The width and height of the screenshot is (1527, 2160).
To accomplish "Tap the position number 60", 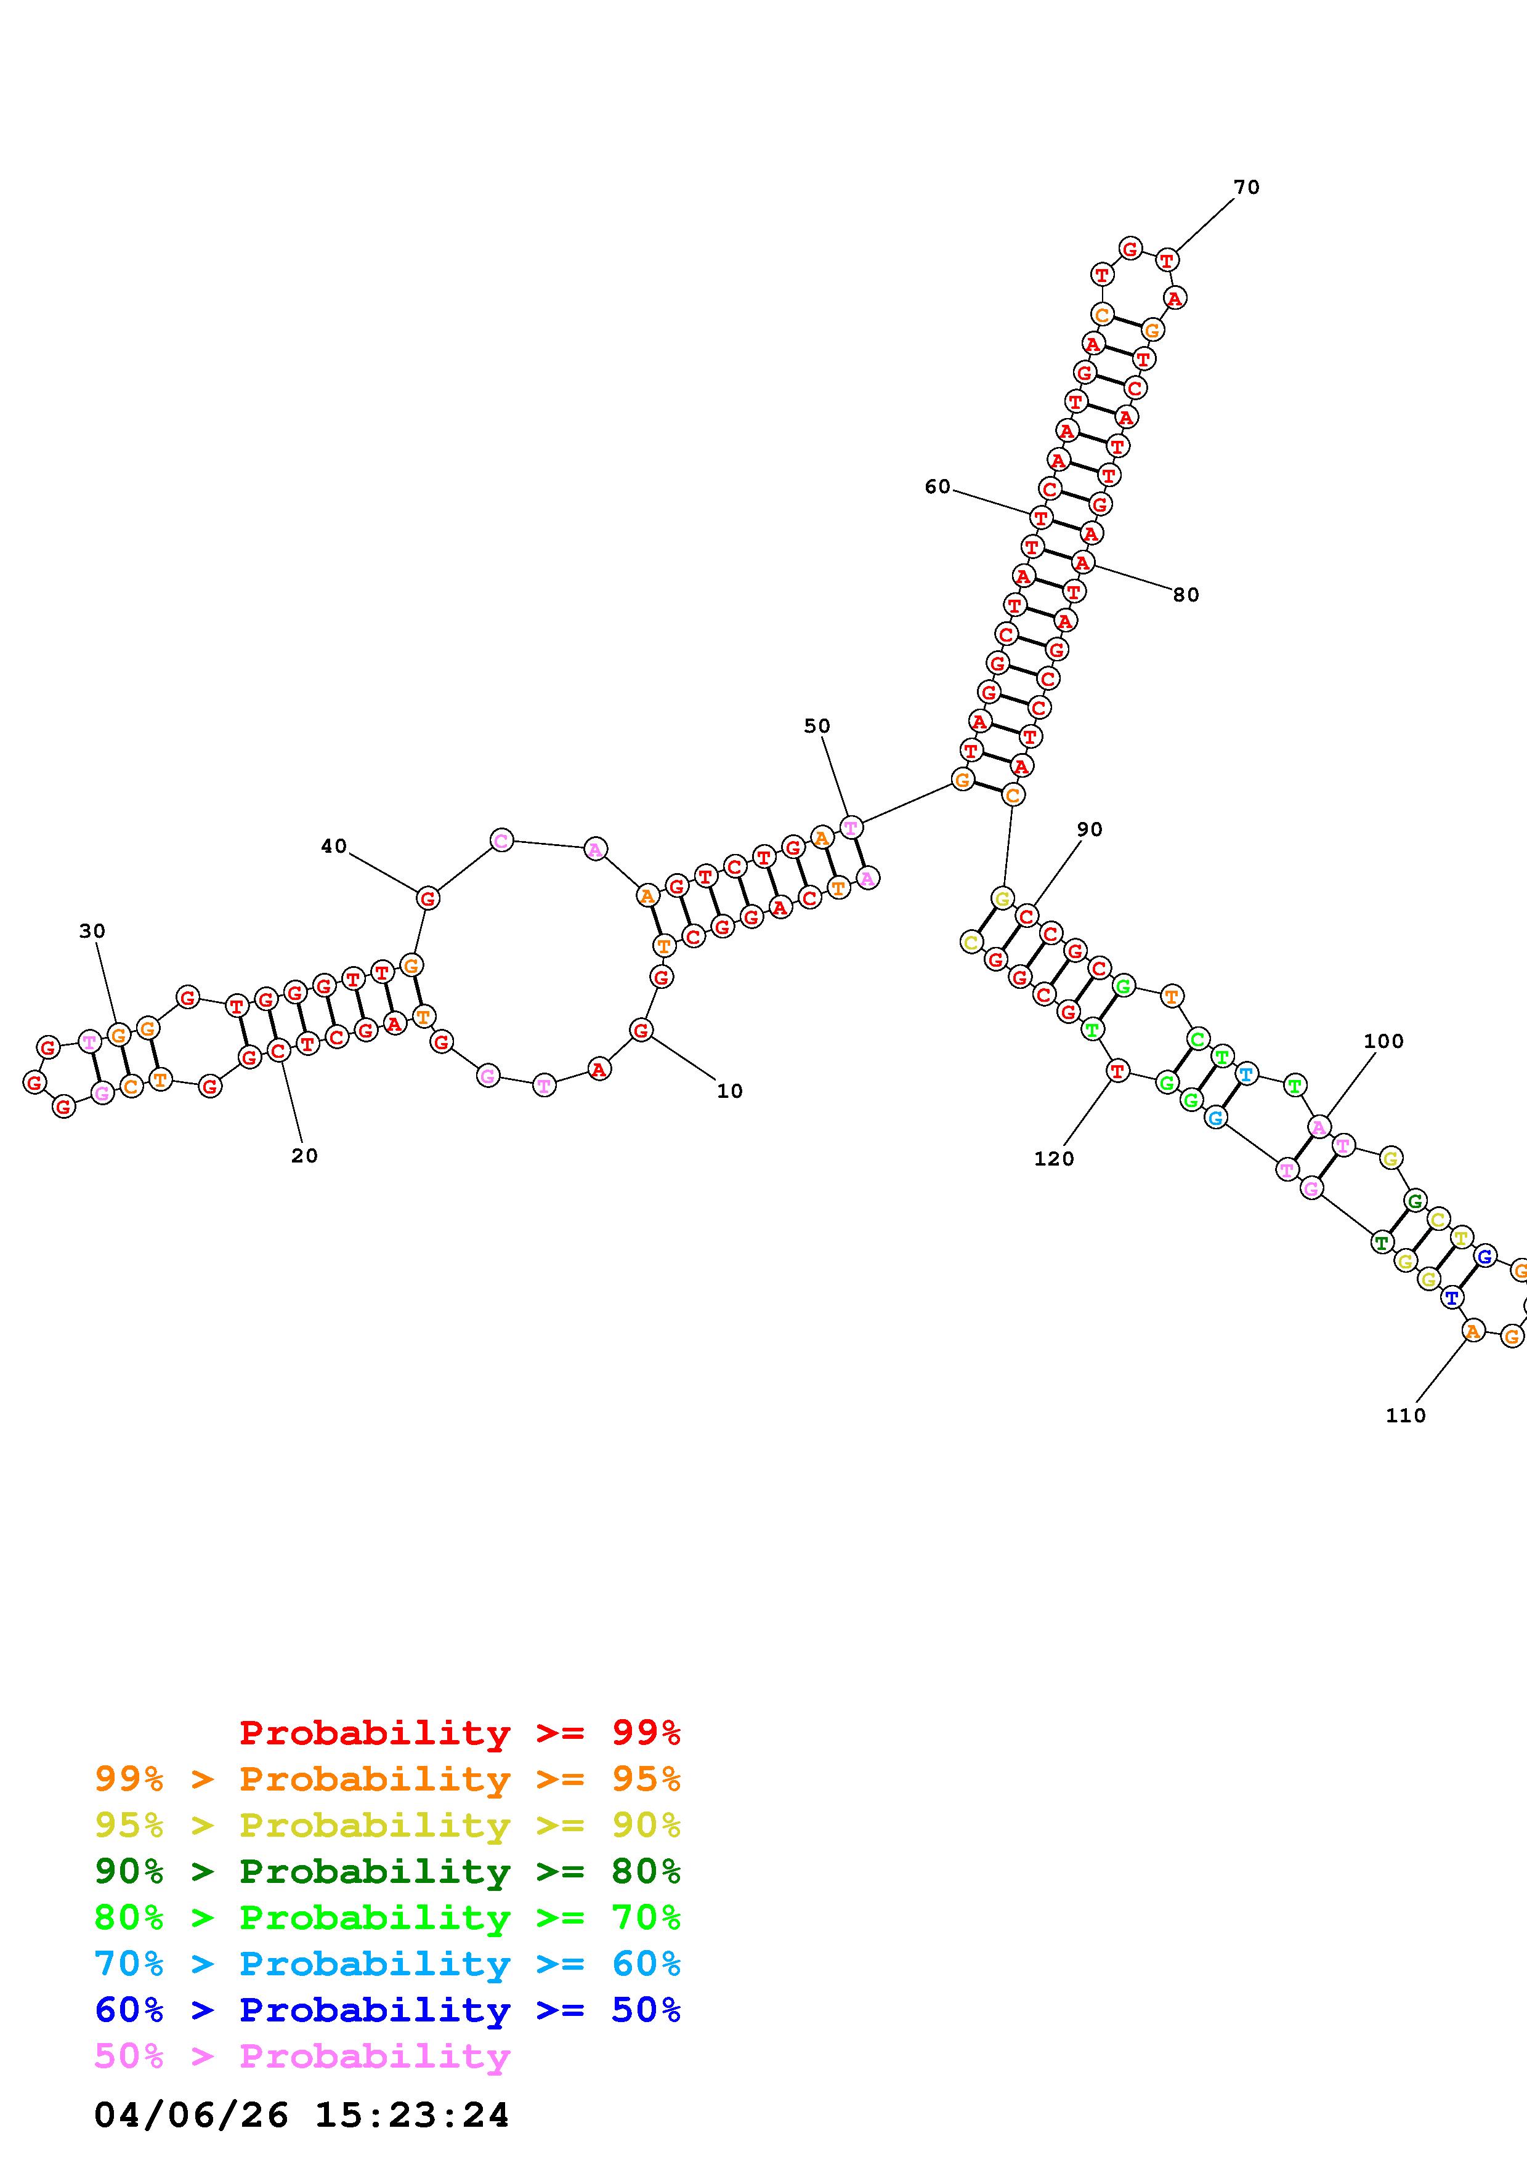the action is [937, 486].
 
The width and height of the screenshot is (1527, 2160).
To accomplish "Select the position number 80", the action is [1186, 595].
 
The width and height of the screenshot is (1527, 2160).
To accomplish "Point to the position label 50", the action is [817, 725].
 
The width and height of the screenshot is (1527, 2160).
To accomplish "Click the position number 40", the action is [334, 846].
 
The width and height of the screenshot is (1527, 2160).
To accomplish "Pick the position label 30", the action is [92, 930].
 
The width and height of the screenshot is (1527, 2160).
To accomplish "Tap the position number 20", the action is [304, 1155].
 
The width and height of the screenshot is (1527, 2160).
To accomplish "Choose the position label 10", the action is [729, 1090].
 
